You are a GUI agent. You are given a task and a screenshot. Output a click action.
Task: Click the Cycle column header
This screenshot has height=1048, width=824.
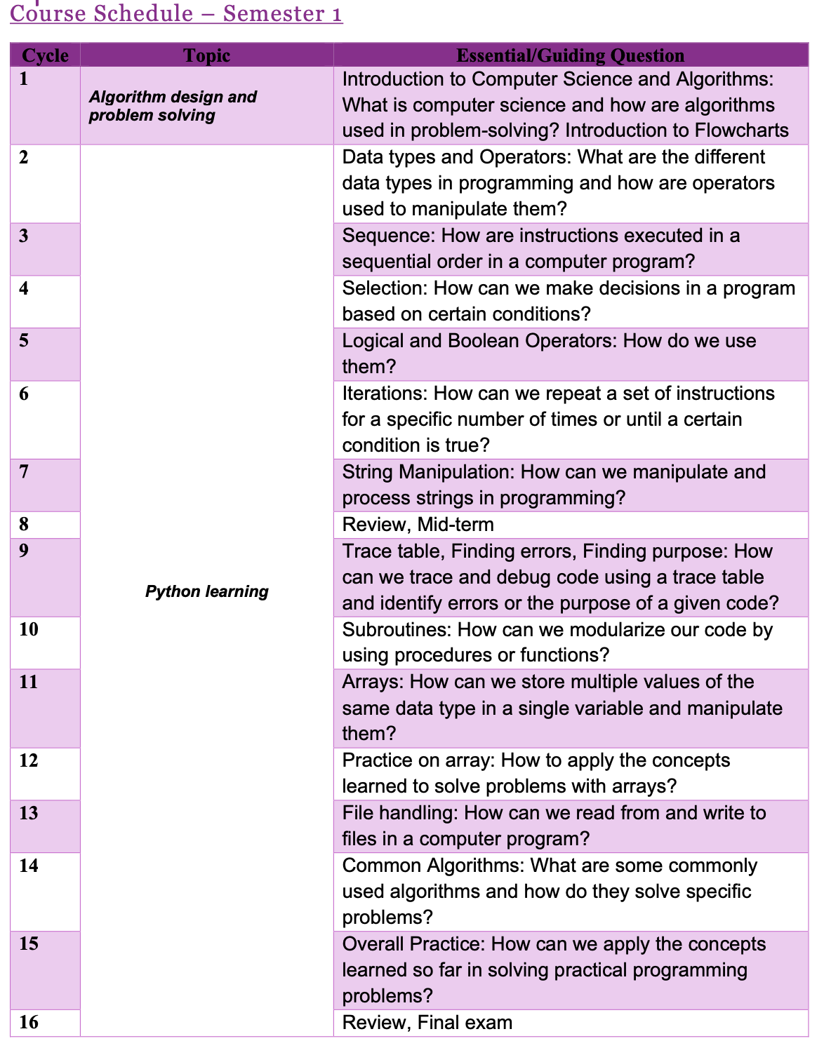[45, 55]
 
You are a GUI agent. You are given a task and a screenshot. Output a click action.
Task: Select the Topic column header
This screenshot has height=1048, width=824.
[206, 55]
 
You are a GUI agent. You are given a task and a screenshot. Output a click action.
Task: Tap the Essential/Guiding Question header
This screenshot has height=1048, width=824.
[570, 55]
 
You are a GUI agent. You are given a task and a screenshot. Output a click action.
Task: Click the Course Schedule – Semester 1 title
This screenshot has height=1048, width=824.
[176, 13]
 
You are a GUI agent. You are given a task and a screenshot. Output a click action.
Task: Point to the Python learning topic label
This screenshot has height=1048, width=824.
[206, 591]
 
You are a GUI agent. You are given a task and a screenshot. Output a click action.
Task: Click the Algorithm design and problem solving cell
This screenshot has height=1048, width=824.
[173, 106]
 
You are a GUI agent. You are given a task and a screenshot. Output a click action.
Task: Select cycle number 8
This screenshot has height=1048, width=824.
[25, 524]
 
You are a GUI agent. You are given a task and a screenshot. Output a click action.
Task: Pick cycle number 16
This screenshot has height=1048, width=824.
[29, 1022]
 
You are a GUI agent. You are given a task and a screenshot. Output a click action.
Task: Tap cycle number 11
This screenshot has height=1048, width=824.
[29, 682]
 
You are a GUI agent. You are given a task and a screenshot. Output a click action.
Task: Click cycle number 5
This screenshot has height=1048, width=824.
[25, 341]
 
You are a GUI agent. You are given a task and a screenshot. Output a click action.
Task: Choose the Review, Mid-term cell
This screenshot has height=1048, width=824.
[418, 525]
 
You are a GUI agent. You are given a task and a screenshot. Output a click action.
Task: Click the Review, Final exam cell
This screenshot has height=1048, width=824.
[427, 1023]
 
